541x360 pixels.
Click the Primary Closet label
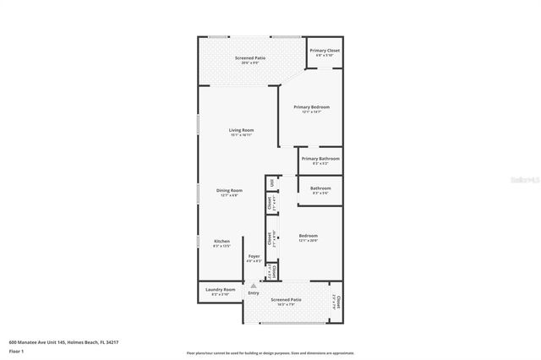[324, 51]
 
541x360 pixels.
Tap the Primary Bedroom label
[311, 107]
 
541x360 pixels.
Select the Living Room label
[241, 130]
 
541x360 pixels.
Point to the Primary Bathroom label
[320, 159]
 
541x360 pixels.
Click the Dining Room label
[229, 190]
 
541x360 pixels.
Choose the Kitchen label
[221, 242]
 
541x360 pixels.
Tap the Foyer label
[254, 256]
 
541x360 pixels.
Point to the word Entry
[254, 293]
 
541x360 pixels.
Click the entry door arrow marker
[251, 285]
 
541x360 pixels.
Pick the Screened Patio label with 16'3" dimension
[286, 299]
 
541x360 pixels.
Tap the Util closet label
[271, 183]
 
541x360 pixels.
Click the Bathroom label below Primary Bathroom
[320, 188]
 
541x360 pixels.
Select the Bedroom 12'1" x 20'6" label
[308, 236]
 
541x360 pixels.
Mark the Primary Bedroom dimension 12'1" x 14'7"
[311, 112]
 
